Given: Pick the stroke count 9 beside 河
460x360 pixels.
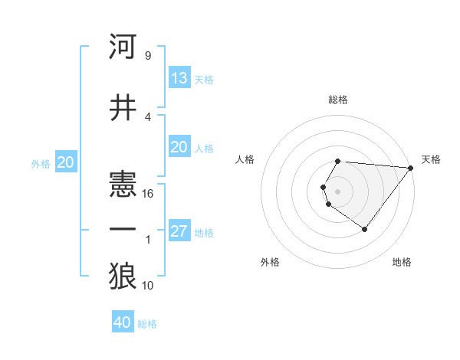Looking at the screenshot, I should pyautogui.click(x=148, y=56).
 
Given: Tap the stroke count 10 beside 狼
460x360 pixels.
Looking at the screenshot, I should pyautogui.click(x=148, y=286).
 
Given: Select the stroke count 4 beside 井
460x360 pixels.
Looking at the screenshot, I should pyautogui.click(x=148, y=116).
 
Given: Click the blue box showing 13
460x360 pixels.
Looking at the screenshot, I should pyautogui.click(x=179, y=78).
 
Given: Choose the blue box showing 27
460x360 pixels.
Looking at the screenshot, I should pyautogui.click(x=179, y=231).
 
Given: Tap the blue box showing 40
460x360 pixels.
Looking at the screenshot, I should pyautogui.click(x=123, y=322).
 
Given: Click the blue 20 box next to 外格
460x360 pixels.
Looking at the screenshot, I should pyautogui.click(x=66, y=162).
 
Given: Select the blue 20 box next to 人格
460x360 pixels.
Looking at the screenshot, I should pyautogui.click(x=179, y=147).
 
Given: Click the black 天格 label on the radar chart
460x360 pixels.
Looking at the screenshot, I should pyautogui.click(x=431, y=159).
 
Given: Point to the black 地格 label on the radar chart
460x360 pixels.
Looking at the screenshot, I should pyautogui.click(x=402, y=262).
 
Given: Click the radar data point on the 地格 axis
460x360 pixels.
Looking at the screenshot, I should pyautogui.click(x=364, y=229).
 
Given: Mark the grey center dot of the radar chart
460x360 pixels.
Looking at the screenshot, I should pyautogui.click(x=337, y=191).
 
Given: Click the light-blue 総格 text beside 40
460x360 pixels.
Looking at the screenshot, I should pyautogui.click(x=147, y=324).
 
